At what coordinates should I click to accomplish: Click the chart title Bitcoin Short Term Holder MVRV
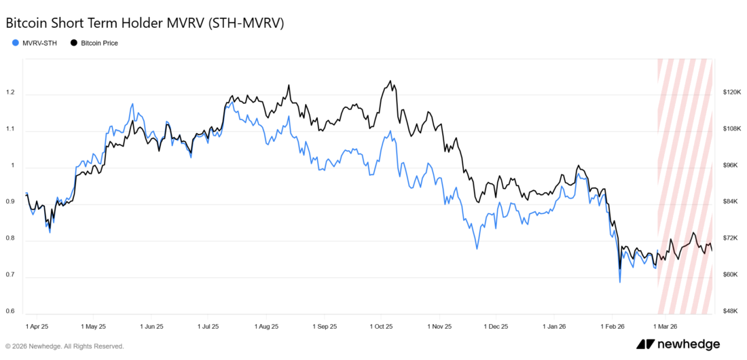click(x=144, y=22)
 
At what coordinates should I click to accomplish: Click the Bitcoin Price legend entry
click(x=99, y=43)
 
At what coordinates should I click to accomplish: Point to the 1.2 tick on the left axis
click(x=10, y=92)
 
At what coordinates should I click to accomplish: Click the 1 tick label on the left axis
click(x=12, y=166)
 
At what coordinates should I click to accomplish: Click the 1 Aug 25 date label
click(x=266, y=326)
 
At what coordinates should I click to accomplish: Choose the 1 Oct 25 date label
click(x=382, y=326)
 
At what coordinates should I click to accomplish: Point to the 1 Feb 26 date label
click(x=613, y=326)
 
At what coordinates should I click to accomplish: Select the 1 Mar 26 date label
click(x=666, y=326)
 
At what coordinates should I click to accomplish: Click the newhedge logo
click(x=678, y=344)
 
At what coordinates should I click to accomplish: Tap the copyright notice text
click(x=65, y=346)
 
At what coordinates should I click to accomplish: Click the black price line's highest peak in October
click(x=390, y=81)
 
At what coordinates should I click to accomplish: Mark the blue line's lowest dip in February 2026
click(x=619, y=282)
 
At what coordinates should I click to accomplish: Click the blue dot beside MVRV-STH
click(x=16, y=43)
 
